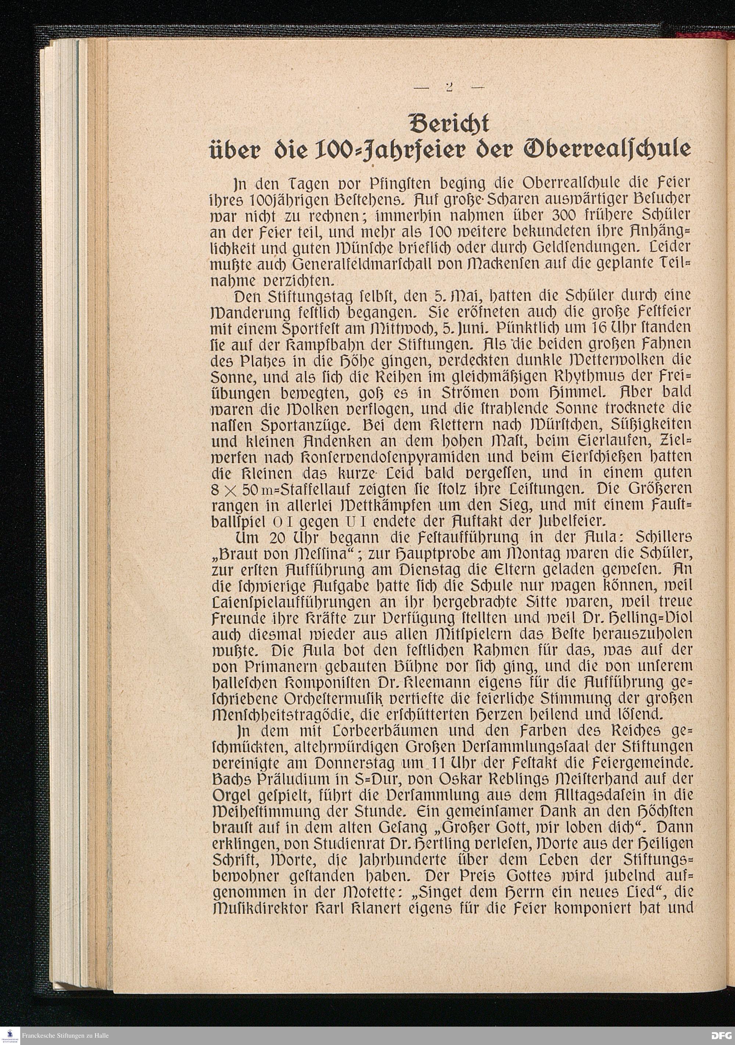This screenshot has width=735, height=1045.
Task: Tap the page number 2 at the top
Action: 449,87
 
